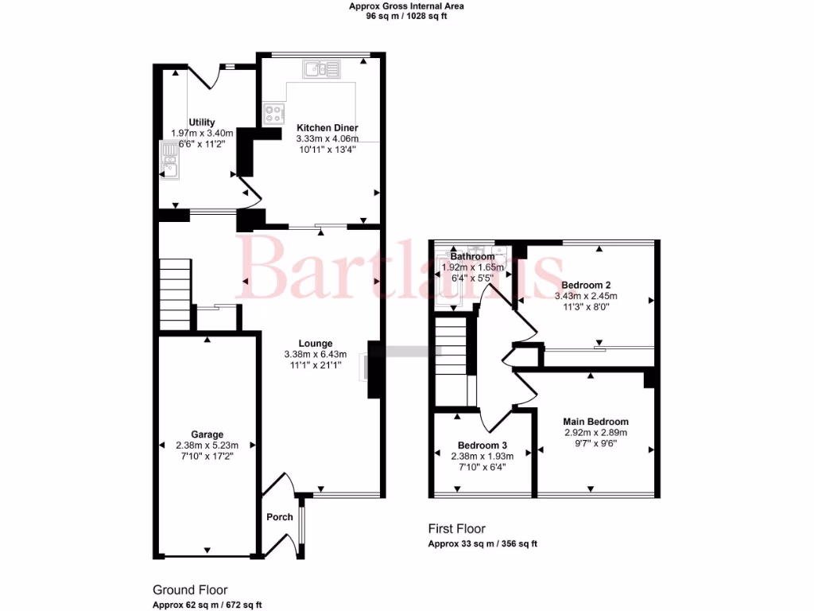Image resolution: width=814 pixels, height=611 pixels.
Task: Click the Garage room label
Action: coord(206,435)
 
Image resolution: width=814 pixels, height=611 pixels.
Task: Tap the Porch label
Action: coord(279,517)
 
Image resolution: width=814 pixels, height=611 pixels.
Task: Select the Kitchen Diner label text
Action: coord(327,127)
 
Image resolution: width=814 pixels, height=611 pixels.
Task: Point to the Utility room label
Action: coord(201,123)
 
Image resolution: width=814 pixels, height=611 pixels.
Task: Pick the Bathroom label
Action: coord(472,257)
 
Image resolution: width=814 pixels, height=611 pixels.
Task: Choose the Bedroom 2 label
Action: coord(585,285)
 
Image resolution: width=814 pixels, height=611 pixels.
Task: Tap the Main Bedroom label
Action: coord(595,422)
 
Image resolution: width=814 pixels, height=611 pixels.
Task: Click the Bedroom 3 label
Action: coord(482,446)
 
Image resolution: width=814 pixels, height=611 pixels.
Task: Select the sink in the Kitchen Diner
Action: coord(321,70)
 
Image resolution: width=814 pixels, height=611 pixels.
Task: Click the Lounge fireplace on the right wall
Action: coord(374,370)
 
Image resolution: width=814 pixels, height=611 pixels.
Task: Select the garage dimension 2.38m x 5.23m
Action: coord(206,446)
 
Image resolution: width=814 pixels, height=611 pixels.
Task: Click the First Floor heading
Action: coord(456,529)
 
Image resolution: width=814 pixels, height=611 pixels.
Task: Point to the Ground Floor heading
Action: coord(190,590)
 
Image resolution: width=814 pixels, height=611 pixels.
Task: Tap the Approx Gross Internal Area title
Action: coord(406,6)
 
